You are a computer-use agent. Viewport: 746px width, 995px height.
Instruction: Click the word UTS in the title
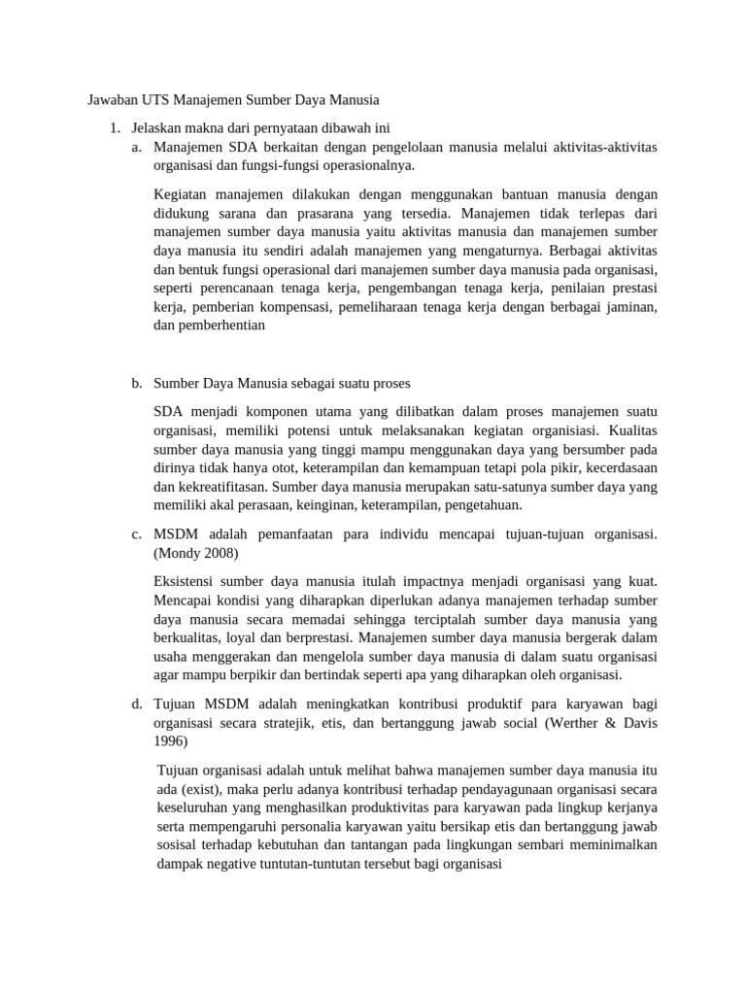pos(157,99)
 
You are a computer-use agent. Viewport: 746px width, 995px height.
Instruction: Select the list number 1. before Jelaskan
pos(115,128)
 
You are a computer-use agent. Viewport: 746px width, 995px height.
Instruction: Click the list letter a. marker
pos(136,147)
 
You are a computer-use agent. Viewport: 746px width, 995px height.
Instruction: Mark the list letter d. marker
pos(136,703)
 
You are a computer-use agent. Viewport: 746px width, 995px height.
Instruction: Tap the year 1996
pos(170,740)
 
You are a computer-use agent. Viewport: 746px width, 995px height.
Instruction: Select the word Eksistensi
pos(188,582)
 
